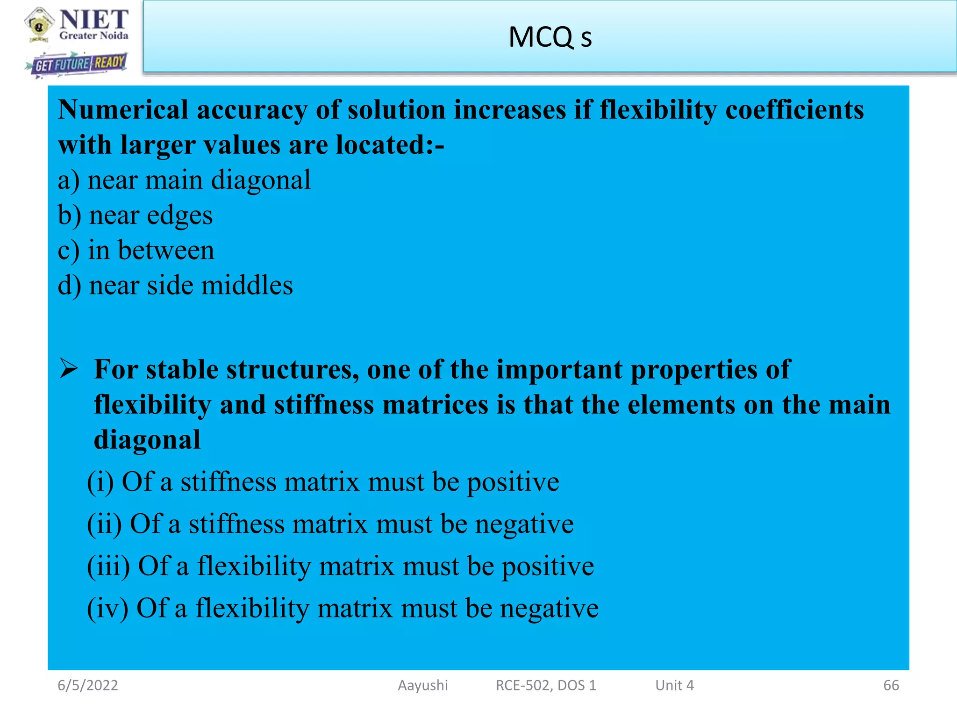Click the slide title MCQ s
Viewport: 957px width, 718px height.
pyautogui.click(x=550, y=37)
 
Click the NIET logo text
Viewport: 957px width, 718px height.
pyautogui.click(x=93, y=20)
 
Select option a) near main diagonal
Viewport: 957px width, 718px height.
pyautogui.click(x=184, y=180)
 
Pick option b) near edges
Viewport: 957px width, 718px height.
pyautogui.click(x=135, y=215)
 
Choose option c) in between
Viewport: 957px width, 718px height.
pyautogui.click(x=136, y=250)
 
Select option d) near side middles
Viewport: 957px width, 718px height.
pyautogui.click(x=175, y=286)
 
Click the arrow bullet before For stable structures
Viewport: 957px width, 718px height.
pyautogui.click(x=69, y=369)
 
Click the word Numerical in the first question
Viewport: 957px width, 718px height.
pyautogui.click(x=123, y=110)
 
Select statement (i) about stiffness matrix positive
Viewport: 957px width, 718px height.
pyautogui.click(x=323, y=482)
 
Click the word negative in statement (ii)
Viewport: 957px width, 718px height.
pyautogui.click(x=524, y=524)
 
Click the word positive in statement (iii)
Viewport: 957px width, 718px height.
pyautogui.click(x=548, y=567)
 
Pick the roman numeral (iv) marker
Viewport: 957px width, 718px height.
pyautogui.click(x=107, y=609)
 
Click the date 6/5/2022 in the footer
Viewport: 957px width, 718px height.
pyautogui.click(x=88, y=685)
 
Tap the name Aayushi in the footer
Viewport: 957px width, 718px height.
pyautogui.click(x=422, y=685)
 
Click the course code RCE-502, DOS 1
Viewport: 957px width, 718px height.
pyautogui.click(x=546, y=685)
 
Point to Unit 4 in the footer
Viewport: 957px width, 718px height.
pyautogui.click(x=674, y=685)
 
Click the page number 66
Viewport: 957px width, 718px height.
pyautogui.click(x=891, y=685)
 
